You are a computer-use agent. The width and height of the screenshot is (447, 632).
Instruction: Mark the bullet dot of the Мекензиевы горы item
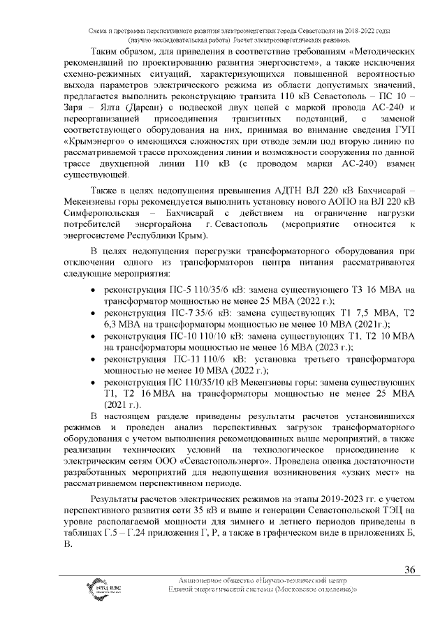click(x=94, y=383)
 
